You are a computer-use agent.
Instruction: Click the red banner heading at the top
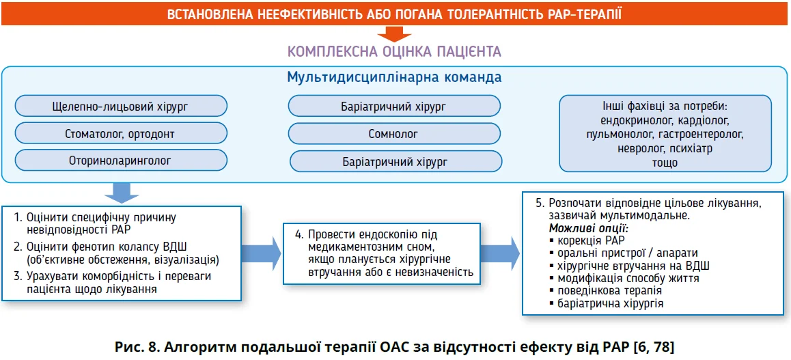tap(395, 14)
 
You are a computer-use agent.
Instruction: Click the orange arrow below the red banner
tap(394, 34)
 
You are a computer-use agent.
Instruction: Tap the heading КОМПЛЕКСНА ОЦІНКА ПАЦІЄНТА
tap(394, 51)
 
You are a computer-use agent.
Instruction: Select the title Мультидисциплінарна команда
tap(395, 77)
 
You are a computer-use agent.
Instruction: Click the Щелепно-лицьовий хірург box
tap(120, 107)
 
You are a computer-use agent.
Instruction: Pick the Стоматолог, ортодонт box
tap(120, 134)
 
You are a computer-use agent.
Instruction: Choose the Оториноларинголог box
tap(120, 161)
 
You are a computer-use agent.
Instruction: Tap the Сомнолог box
tap(393, 134)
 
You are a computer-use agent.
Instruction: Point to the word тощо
tap(665, 163)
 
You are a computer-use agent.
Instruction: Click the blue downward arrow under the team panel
tap(121, 193)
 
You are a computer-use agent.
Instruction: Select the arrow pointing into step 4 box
tap(262, 253)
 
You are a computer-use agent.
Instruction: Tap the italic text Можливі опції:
tap(588, 227)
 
